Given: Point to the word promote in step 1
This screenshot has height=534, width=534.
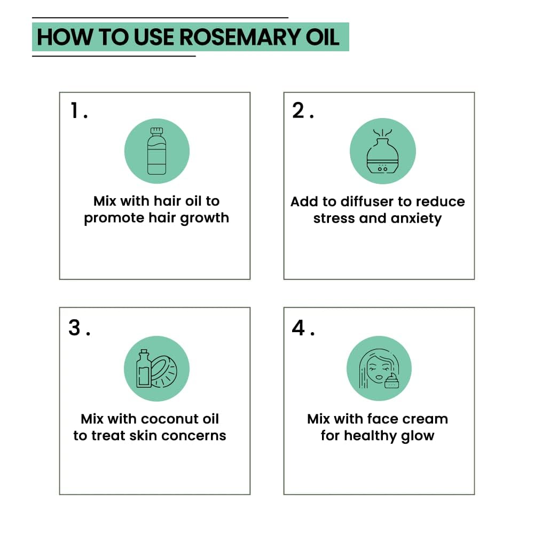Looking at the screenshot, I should [113, 219].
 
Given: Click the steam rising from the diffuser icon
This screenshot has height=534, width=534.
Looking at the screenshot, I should [382, 131].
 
